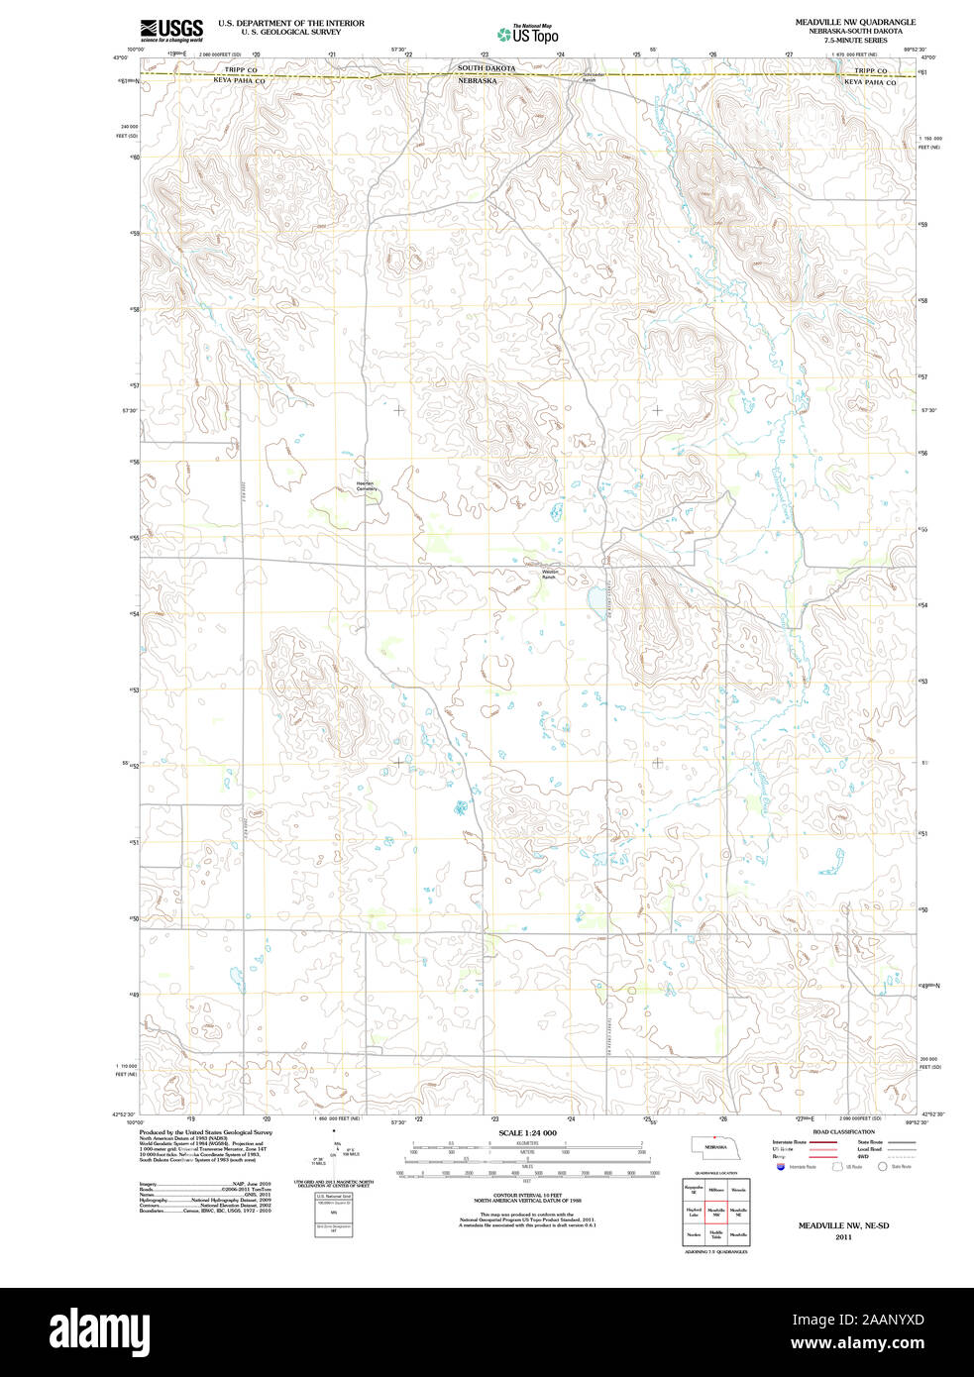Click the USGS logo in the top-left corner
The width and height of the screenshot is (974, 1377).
[x=171, y=29]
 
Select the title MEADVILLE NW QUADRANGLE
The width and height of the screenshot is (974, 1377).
[x=855, y=22]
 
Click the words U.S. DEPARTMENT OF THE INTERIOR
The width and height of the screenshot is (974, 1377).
[x=290, y=23]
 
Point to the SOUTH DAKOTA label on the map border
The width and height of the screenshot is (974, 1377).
[x=486, y=68]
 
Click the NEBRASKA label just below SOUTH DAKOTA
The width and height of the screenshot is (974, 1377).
[x=477, y=80]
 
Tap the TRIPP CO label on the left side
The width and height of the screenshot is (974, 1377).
[x=240, y=70]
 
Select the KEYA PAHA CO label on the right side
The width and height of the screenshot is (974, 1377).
[x=869, y=83]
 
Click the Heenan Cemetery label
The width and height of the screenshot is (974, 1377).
[x=367, y=486]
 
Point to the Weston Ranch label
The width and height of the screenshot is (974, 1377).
[x=550, y=574]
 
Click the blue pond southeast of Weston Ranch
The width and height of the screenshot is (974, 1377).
[x=592, y=599]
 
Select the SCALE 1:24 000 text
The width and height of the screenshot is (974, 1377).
[x=527, y=1132]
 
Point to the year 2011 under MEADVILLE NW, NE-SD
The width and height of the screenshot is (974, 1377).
[x=843, y=1237]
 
